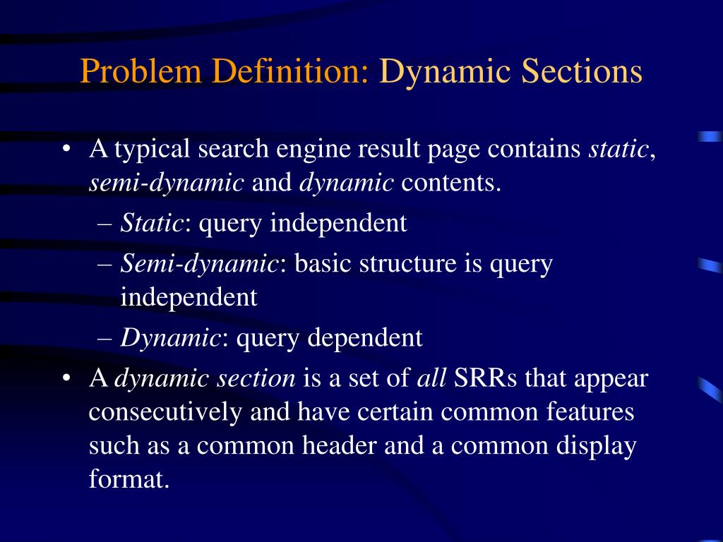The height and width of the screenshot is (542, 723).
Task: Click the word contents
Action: [x=451, y=183]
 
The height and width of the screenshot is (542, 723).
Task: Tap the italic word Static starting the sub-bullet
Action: [x=152, y=223]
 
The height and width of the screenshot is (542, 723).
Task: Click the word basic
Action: [x=323, y=264]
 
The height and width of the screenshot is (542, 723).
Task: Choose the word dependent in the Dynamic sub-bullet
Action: [x=364, y=338]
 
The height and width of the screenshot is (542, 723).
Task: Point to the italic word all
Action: [x=431, y=378]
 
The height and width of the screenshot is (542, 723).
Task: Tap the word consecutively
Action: [x=165, y=412]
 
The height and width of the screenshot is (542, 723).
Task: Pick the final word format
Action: [x=129, y=480]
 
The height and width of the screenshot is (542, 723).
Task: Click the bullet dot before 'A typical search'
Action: [x=66, y=150]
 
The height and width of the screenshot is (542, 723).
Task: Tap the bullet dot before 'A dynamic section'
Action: [x=66, y=379]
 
